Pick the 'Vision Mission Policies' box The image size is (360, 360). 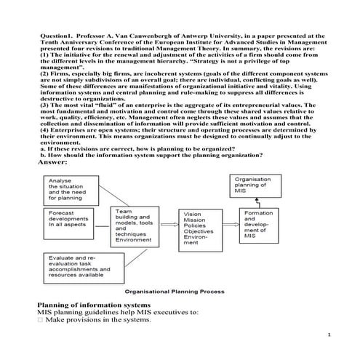201,231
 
